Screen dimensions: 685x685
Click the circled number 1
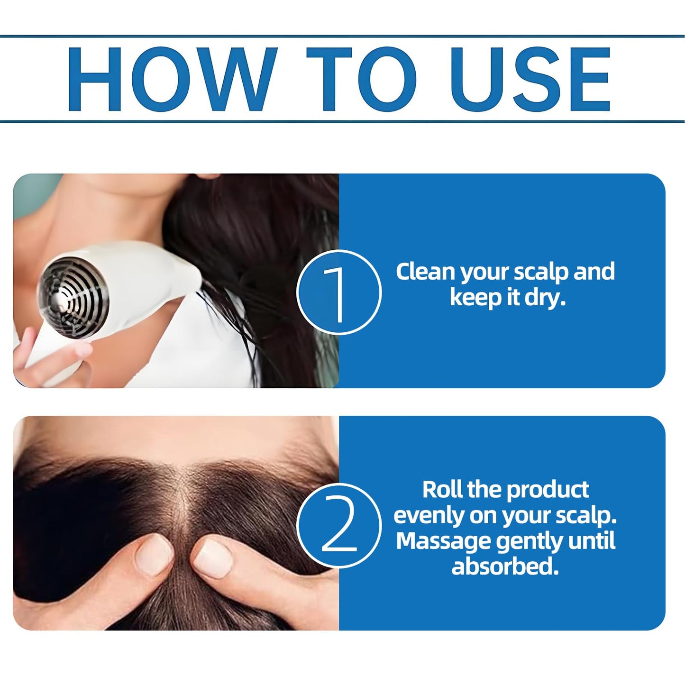click(339, 292)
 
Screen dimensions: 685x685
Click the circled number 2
click(339, 526)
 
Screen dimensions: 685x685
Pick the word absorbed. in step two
click(505, 566)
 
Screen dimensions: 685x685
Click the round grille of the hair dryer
click(73, 297)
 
